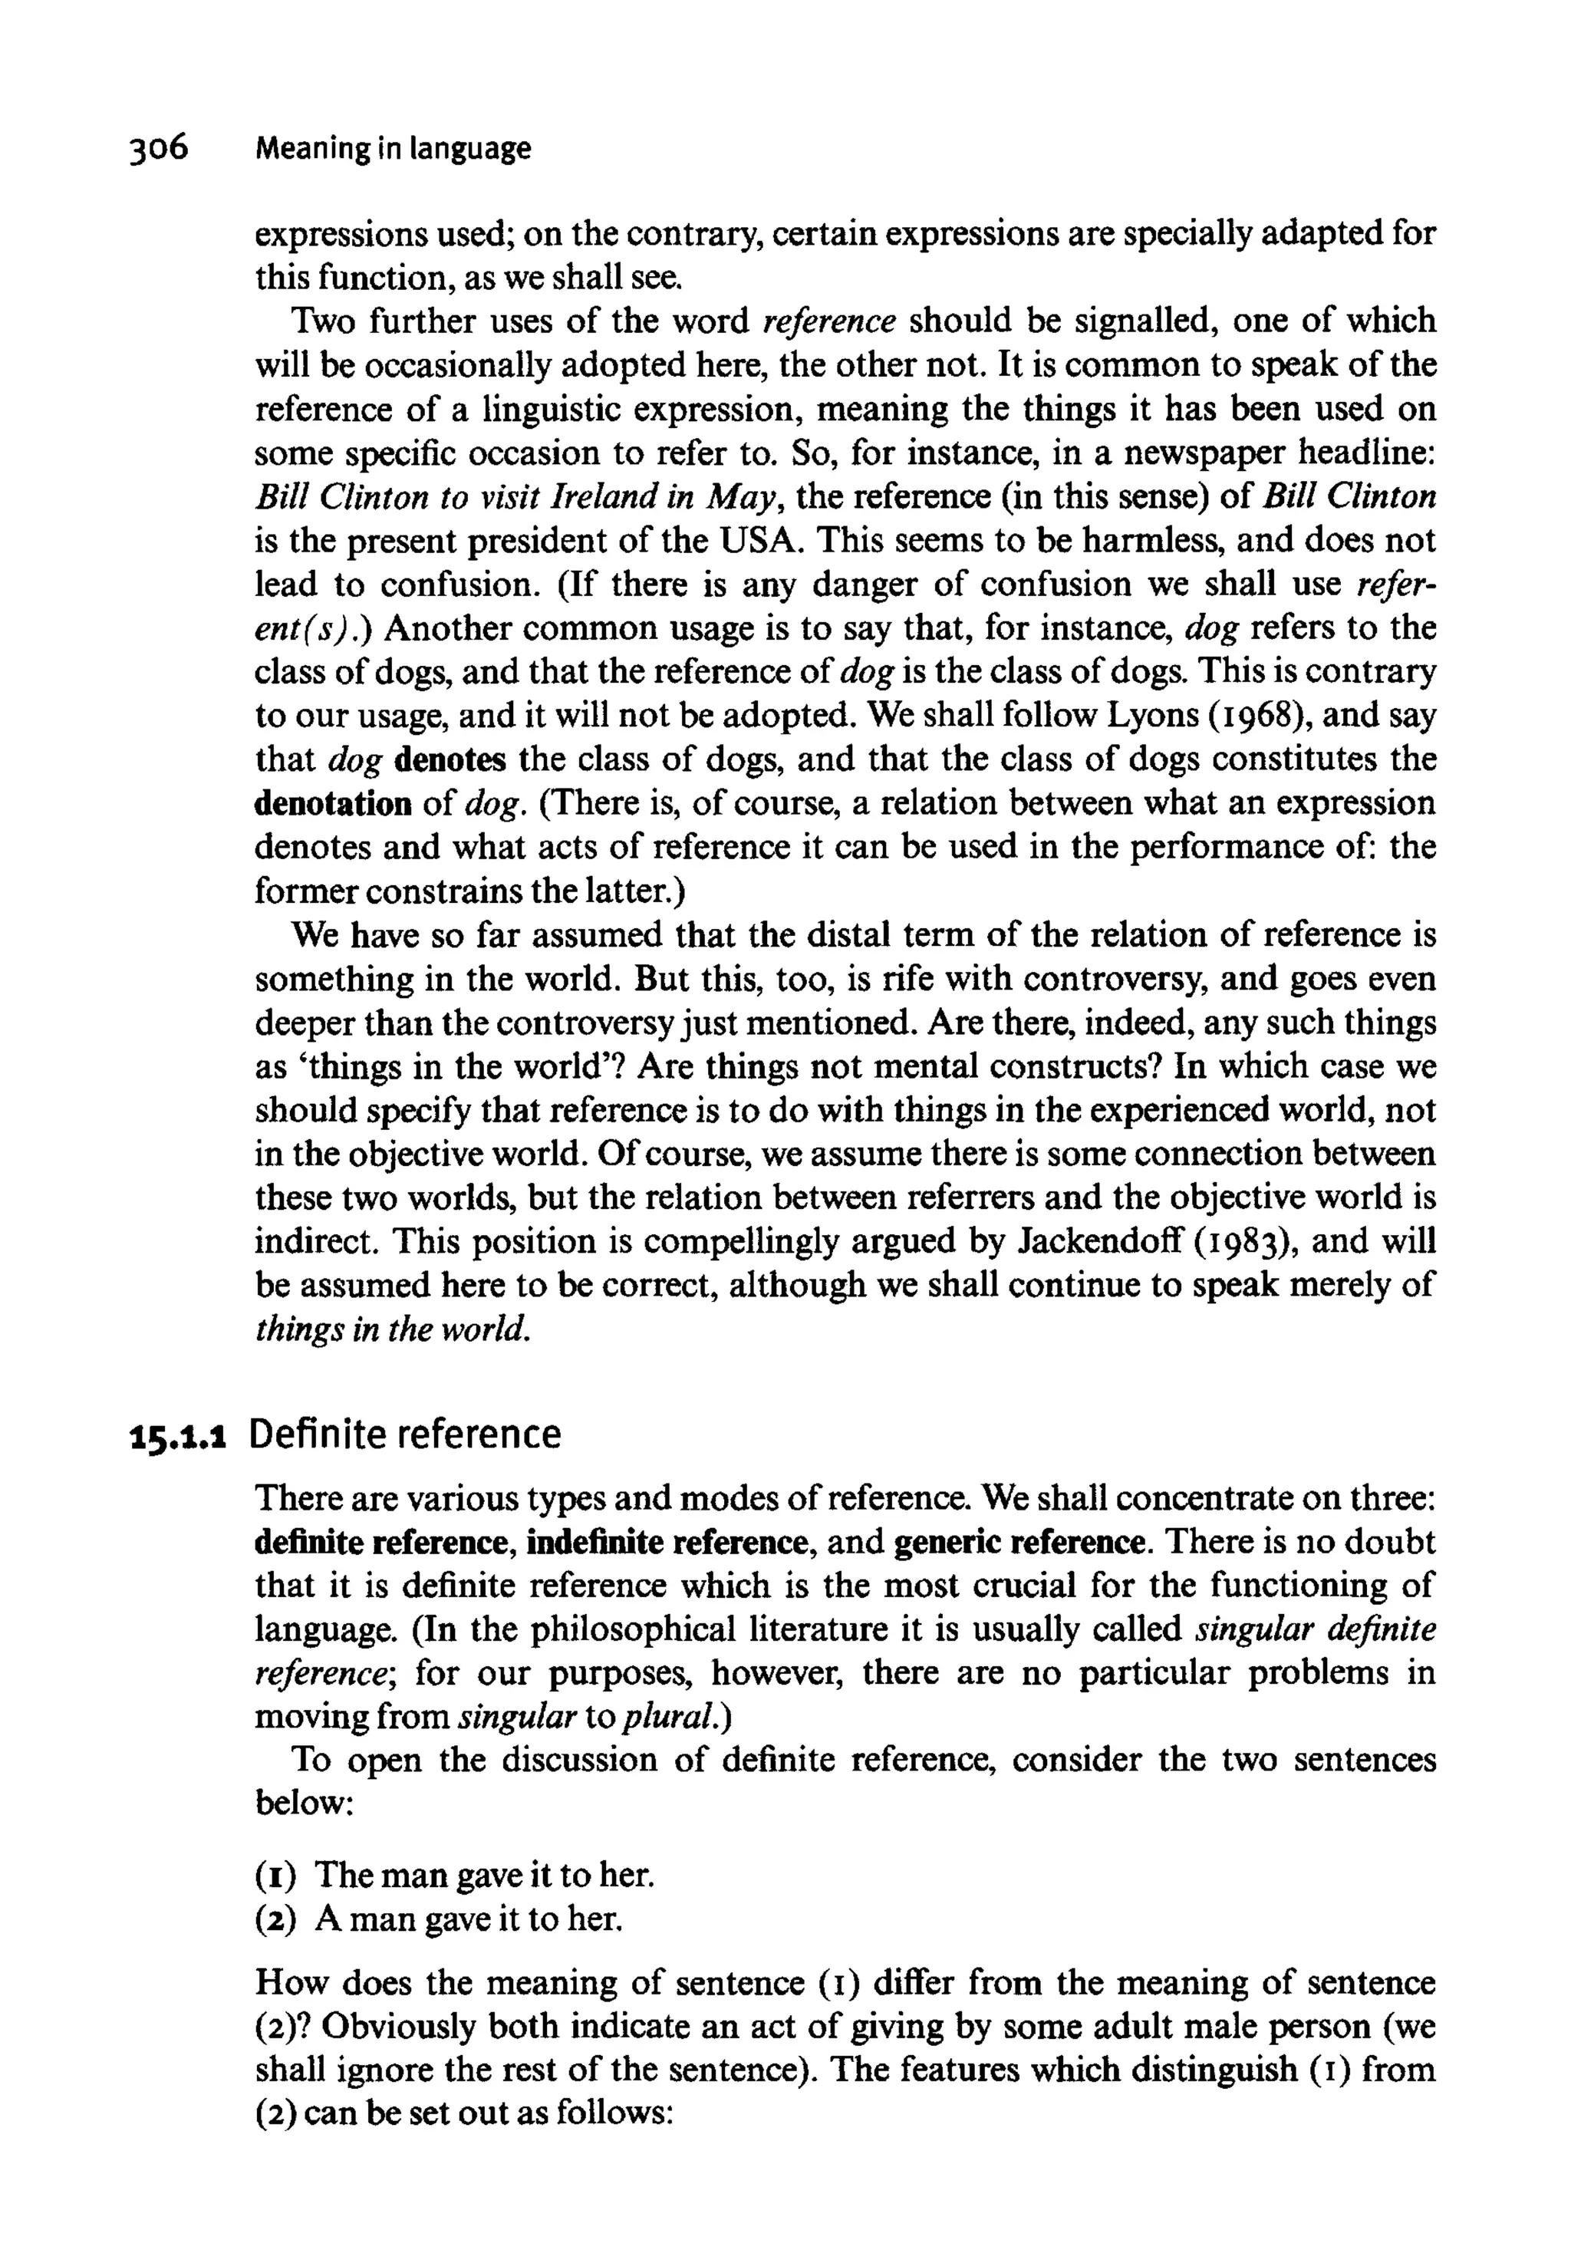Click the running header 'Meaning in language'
point(392,149)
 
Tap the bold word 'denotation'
point(333,804)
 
